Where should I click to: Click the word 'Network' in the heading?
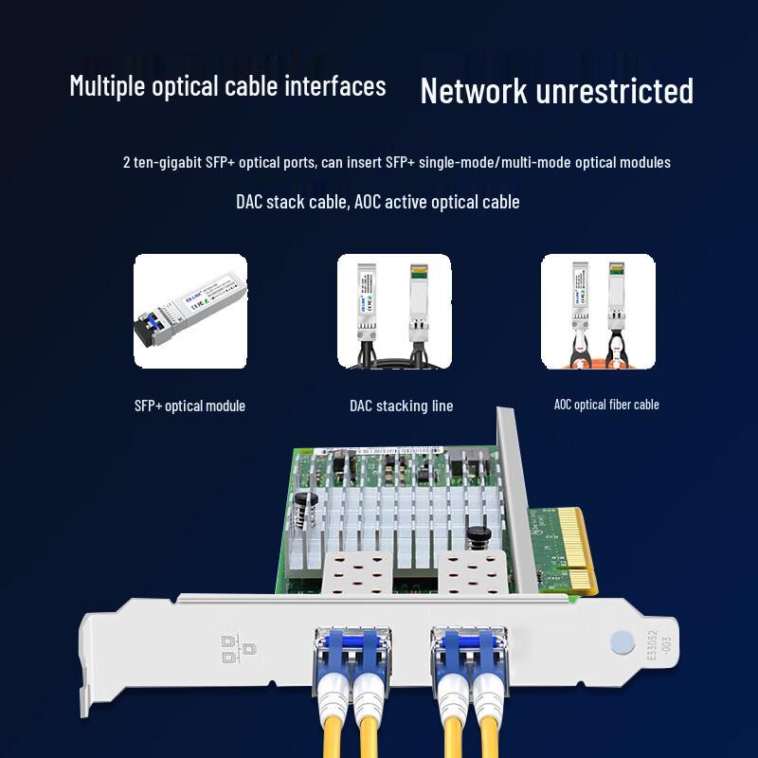point(474,92)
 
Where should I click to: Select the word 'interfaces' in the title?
point(334,86)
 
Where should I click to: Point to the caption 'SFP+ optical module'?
point(189,406)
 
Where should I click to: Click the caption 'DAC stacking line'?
point(401,406)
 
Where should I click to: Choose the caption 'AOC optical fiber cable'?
point(606,405)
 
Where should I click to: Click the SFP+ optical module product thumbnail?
point(189,311)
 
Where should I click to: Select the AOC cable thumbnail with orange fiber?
point(598,311)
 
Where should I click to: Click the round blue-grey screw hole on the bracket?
point(620,642)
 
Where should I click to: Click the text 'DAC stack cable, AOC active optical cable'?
point(377,202)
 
